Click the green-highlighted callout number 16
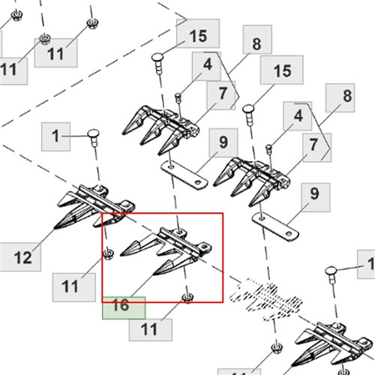tap(124, 307)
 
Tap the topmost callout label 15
tap(198, 34)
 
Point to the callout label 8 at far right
tap(340, 97)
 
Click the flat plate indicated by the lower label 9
tap(275, 226)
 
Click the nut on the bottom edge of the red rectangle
tap(187, 298)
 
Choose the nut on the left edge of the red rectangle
tap(109, 253)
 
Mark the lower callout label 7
tap(317, 148)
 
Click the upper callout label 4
tap(206, 66)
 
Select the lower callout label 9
tap(316, 197)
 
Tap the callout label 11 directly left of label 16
tap(74, 287)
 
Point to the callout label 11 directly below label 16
tap(151, 330)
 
